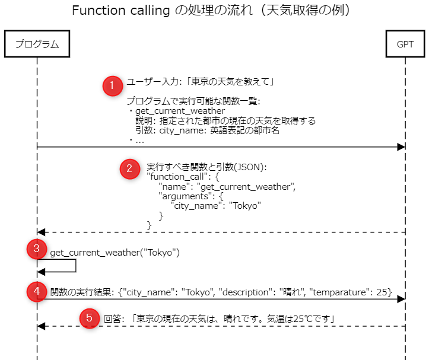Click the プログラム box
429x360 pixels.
point(37,44)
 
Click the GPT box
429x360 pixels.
point(405,44)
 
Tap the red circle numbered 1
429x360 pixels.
point(112,86)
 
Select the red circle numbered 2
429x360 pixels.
point(129,168)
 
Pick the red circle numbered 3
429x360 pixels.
point(37,250)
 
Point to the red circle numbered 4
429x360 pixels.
point(37,292)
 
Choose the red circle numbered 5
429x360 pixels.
point(89,318)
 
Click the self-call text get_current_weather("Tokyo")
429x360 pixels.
point(115,253)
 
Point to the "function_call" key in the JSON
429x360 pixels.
point(175,177)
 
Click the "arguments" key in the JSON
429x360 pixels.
point(183,196)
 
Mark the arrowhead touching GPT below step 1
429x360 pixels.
point(401,146)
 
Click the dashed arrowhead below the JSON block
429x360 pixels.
point(41,232)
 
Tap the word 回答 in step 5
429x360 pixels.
point(112,318)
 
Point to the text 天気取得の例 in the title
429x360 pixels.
point(313,11)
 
